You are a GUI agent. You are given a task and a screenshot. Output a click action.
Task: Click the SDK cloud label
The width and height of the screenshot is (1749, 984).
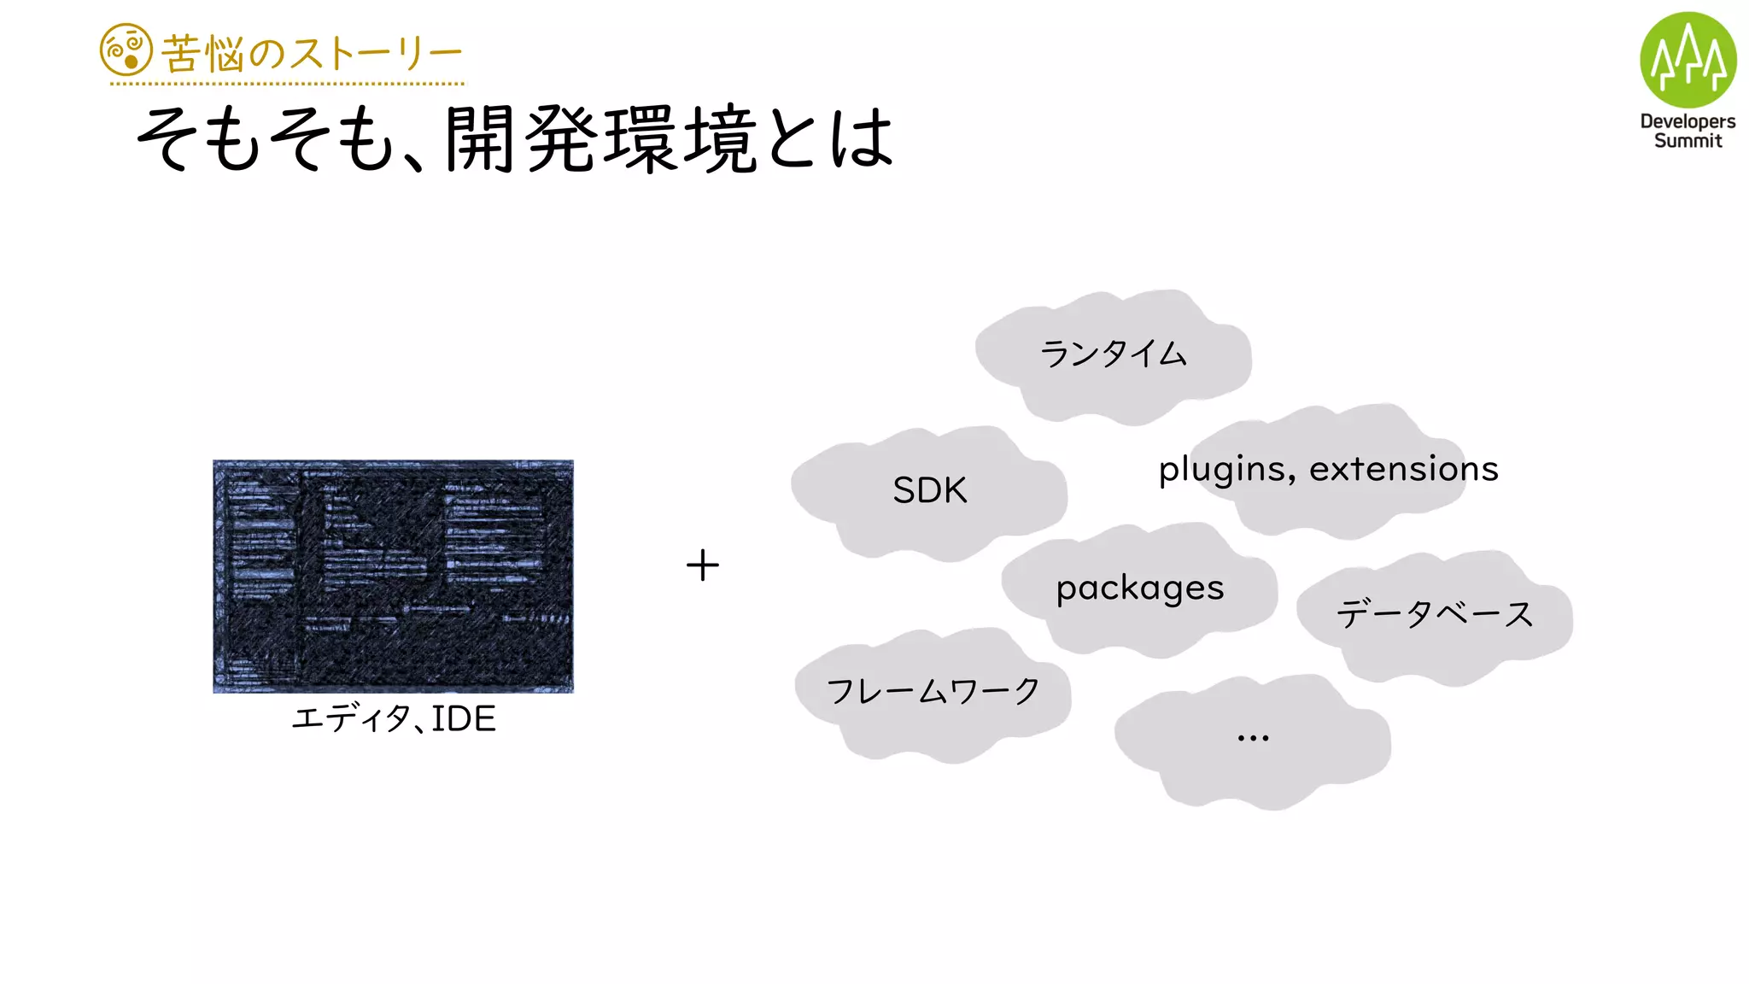(x=929, y=490)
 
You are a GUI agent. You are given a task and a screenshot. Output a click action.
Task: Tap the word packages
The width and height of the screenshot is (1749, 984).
(x=1139, y=589)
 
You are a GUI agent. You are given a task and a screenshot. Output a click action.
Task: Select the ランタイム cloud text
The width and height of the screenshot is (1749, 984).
(x=1113, y=354)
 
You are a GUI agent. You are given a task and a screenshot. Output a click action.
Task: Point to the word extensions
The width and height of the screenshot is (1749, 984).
(x=1403, y=469)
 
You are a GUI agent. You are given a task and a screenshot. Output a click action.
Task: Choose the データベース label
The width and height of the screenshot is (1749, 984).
(x=1435, y=614)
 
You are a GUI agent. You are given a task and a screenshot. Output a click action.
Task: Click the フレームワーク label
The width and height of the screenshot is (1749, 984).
(x=933, y=691)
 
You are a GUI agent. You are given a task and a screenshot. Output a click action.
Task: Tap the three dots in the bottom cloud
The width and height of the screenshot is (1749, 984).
(x=1253, y=737)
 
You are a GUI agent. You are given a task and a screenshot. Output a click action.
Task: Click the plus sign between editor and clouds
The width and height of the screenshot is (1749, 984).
(x=703, y=565)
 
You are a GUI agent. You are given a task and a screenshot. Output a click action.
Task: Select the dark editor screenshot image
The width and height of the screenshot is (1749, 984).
(x=393, y=577)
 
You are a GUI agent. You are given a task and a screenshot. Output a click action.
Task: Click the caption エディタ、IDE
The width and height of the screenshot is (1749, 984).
(x=394, y=719)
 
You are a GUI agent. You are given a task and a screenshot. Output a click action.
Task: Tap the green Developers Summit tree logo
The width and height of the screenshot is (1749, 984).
(x=1688, y=60)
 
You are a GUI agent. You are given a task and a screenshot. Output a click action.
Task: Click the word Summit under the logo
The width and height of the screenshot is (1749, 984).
(x=1688, y=141)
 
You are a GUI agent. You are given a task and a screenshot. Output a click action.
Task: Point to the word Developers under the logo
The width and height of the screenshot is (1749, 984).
(x=1688, y=121)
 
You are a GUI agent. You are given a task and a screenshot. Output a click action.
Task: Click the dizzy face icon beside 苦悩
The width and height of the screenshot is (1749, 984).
(x=126, y=50)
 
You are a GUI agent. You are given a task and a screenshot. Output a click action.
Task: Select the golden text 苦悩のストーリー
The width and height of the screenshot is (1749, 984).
(x=312, y=54)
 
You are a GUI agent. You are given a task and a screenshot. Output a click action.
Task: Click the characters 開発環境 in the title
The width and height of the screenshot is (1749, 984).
(x=600, y=138)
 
